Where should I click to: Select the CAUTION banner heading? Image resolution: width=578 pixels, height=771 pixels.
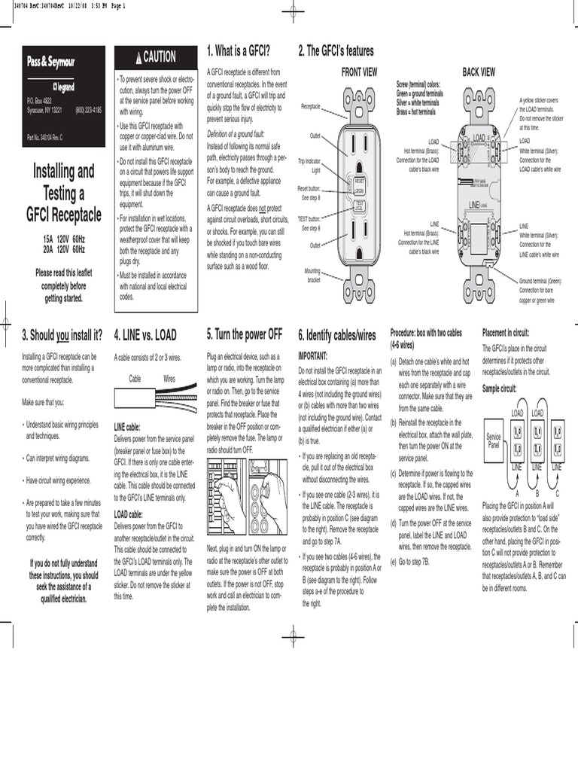[157, 57]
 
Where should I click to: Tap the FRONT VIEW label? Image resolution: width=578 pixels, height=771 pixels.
[360, 72]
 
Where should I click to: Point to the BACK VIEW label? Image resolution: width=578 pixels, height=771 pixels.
[479, 72]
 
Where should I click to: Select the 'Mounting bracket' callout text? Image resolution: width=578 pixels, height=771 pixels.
[312, 275]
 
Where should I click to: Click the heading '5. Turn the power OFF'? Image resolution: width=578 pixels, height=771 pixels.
[245, 334]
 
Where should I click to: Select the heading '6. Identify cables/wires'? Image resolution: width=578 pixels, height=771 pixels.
[339, 334]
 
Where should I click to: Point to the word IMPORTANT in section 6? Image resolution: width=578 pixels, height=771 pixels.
[314, 357]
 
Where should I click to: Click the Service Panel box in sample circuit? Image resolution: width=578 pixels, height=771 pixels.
[494, 440]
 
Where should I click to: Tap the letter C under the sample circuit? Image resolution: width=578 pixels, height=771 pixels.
[557, 493]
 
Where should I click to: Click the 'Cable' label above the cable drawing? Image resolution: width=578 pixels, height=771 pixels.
[135, 379]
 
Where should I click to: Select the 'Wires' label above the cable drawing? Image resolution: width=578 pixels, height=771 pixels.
[169, 379]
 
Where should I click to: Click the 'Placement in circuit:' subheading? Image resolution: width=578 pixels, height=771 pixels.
[510, 332]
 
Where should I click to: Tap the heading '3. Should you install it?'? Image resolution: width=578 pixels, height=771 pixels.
[62, 334]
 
